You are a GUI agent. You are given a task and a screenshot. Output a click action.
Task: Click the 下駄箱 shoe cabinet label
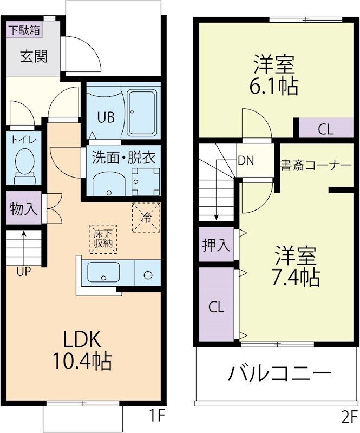24,30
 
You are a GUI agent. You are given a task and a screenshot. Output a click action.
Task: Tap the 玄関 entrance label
34,56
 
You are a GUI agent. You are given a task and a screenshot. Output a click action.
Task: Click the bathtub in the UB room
142,114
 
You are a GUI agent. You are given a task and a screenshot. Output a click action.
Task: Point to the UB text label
106,117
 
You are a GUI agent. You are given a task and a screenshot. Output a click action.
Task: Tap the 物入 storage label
24,209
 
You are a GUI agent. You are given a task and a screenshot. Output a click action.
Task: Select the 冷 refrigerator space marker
146,218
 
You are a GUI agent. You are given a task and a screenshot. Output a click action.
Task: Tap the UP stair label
23,272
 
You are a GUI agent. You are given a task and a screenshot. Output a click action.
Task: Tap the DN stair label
246,161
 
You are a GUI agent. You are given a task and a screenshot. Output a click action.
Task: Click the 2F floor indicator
349,416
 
